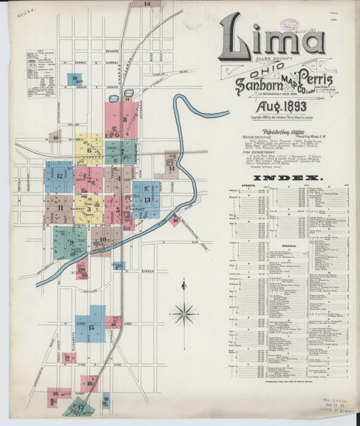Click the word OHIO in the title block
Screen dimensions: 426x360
click(x=267, y=72)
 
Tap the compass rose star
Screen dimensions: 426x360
click(x=184, y=313)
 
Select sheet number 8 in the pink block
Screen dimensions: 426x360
click(x=124, y=119)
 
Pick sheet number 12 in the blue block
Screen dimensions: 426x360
click(x=59, y=176)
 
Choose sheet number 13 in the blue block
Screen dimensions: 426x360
click(x=147, y=199)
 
